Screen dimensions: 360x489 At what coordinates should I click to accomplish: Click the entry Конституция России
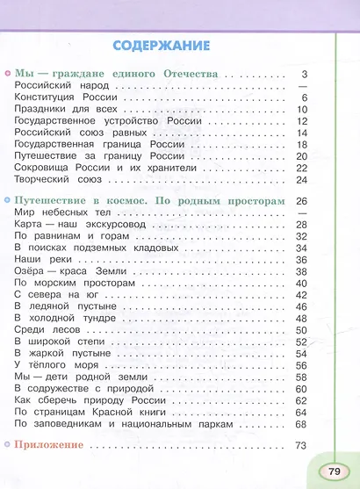[x=57, y=97]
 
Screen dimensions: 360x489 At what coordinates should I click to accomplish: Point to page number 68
[x=300, y=424]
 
